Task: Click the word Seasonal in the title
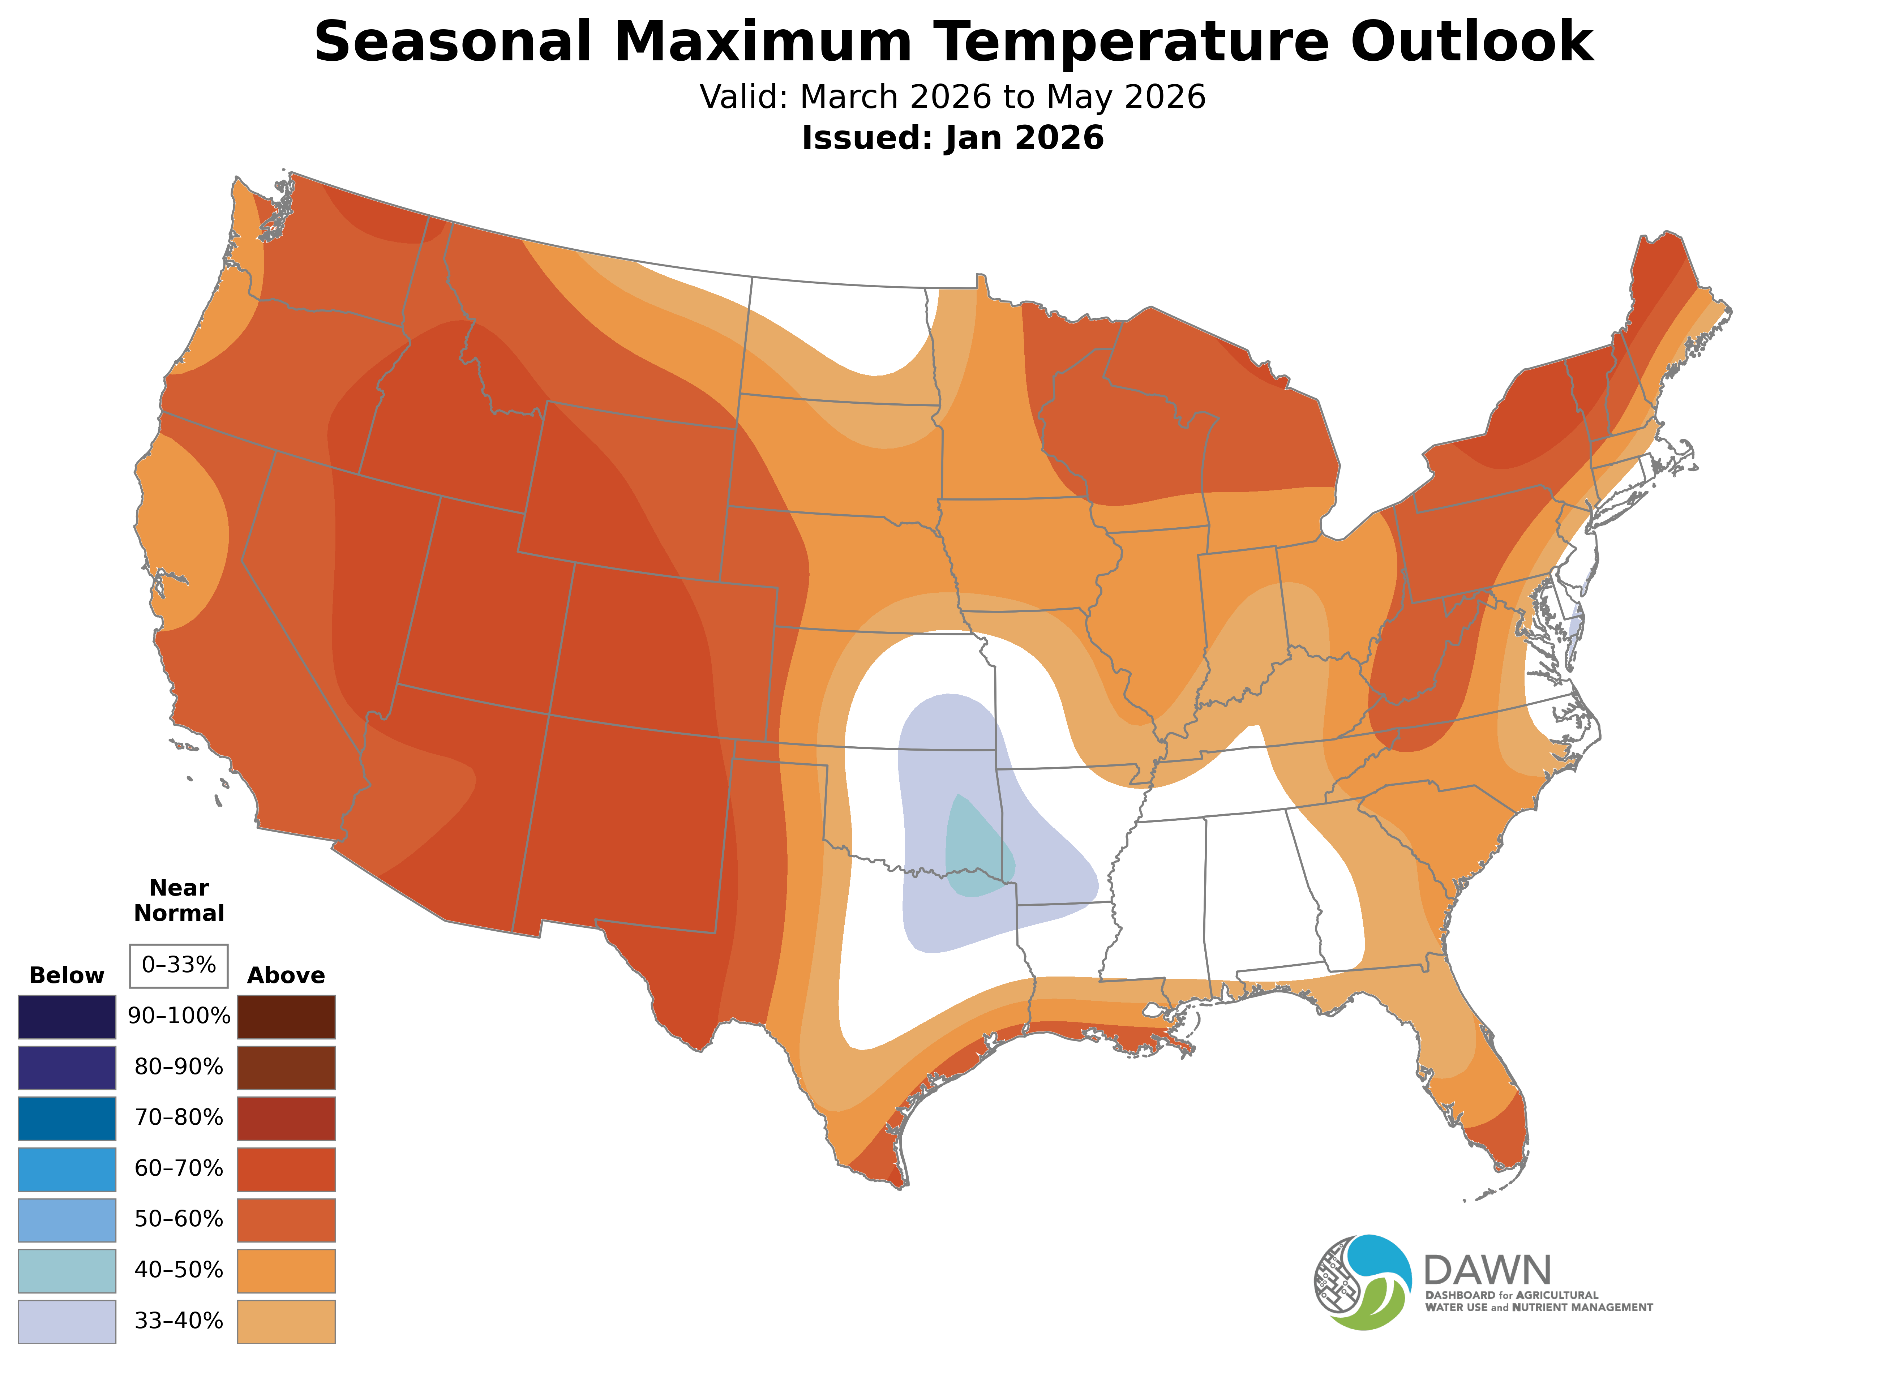pyautogui.click(x=453, y=42)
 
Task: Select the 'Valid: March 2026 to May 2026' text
pyautogui.click(x=952, y=97)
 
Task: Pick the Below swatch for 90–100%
pyautogui.click(x=67, y=1017)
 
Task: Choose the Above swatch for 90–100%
pyautogui.click(x=286, y=1017)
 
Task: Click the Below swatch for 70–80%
pyautogui.click(x=67, y=1118)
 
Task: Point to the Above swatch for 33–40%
pyautogui.click(x=286, y=1321)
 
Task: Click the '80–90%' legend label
pyautogui.click(x=179, y=1067)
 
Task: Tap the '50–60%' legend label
pyautogui.click(x=179, y=1219)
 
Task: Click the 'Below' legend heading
pyautogui.click(x=67, y=976)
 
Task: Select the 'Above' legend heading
pyautogui.click(x=286, y=976)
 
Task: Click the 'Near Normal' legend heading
pyautogui.click(x=179, y=900)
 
